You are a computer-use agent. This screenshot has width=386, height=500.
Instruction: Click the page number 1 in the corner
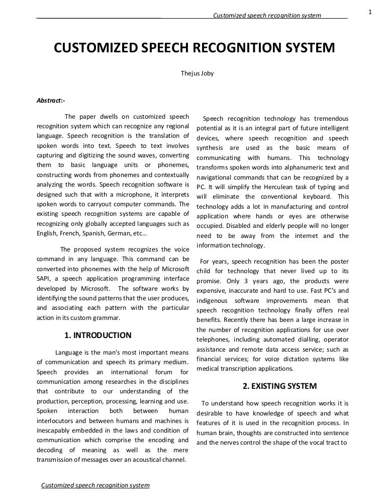(370, 12)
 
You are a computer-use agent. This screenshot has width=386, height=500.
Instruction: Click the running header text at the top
(267, 16)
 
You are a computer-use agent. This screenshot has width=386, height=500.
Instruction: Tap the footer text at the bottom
(95, 485)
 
